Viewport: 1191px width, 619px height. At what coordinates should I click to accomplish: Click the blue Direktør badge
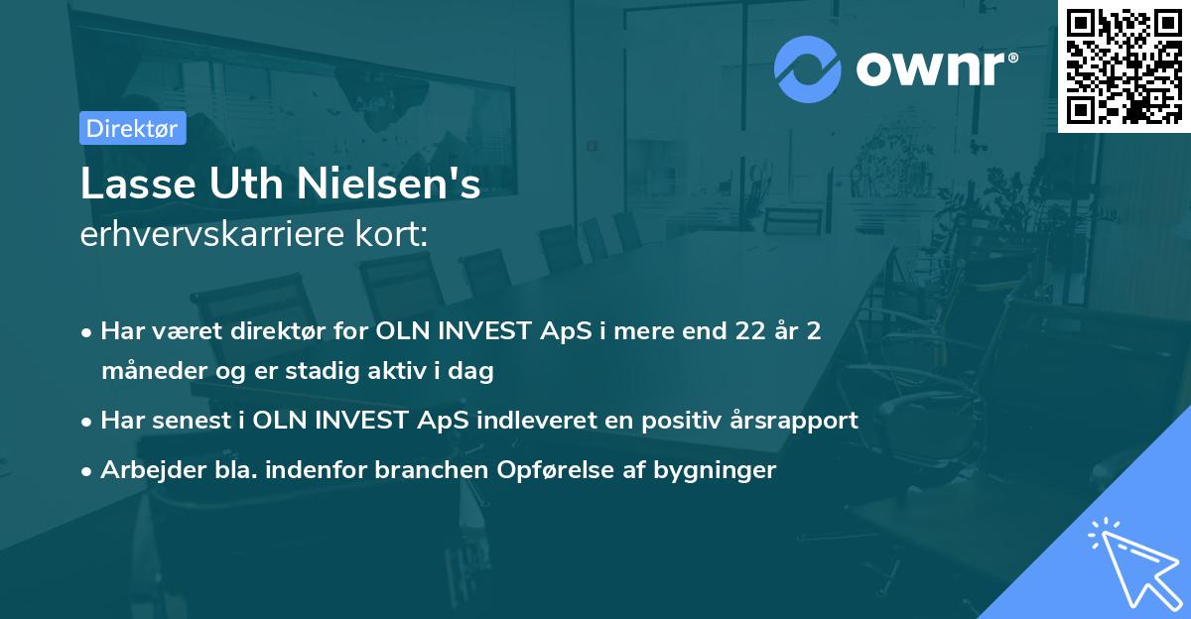tap(132, 128)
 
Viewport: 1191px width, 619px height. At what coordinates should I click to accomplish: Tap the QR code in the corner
tap(1124, 65)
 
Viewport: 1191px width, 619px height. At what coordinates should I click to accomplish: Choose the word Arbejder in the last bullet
tap(144, 469)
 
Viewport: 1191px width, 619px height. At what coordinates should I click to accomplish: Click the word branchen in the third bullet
tap(424, 469)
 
